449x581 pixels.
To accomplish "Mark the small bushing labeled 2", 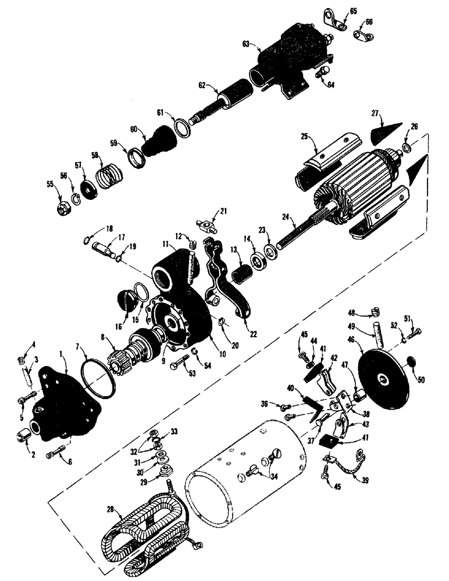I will tap(23, 435).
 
